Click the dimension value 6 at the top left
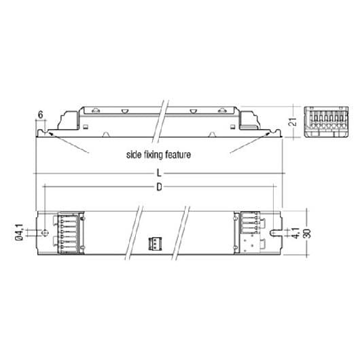click(x=41, y=115)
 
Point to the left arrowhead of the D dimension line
click(x=45, y=186)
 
